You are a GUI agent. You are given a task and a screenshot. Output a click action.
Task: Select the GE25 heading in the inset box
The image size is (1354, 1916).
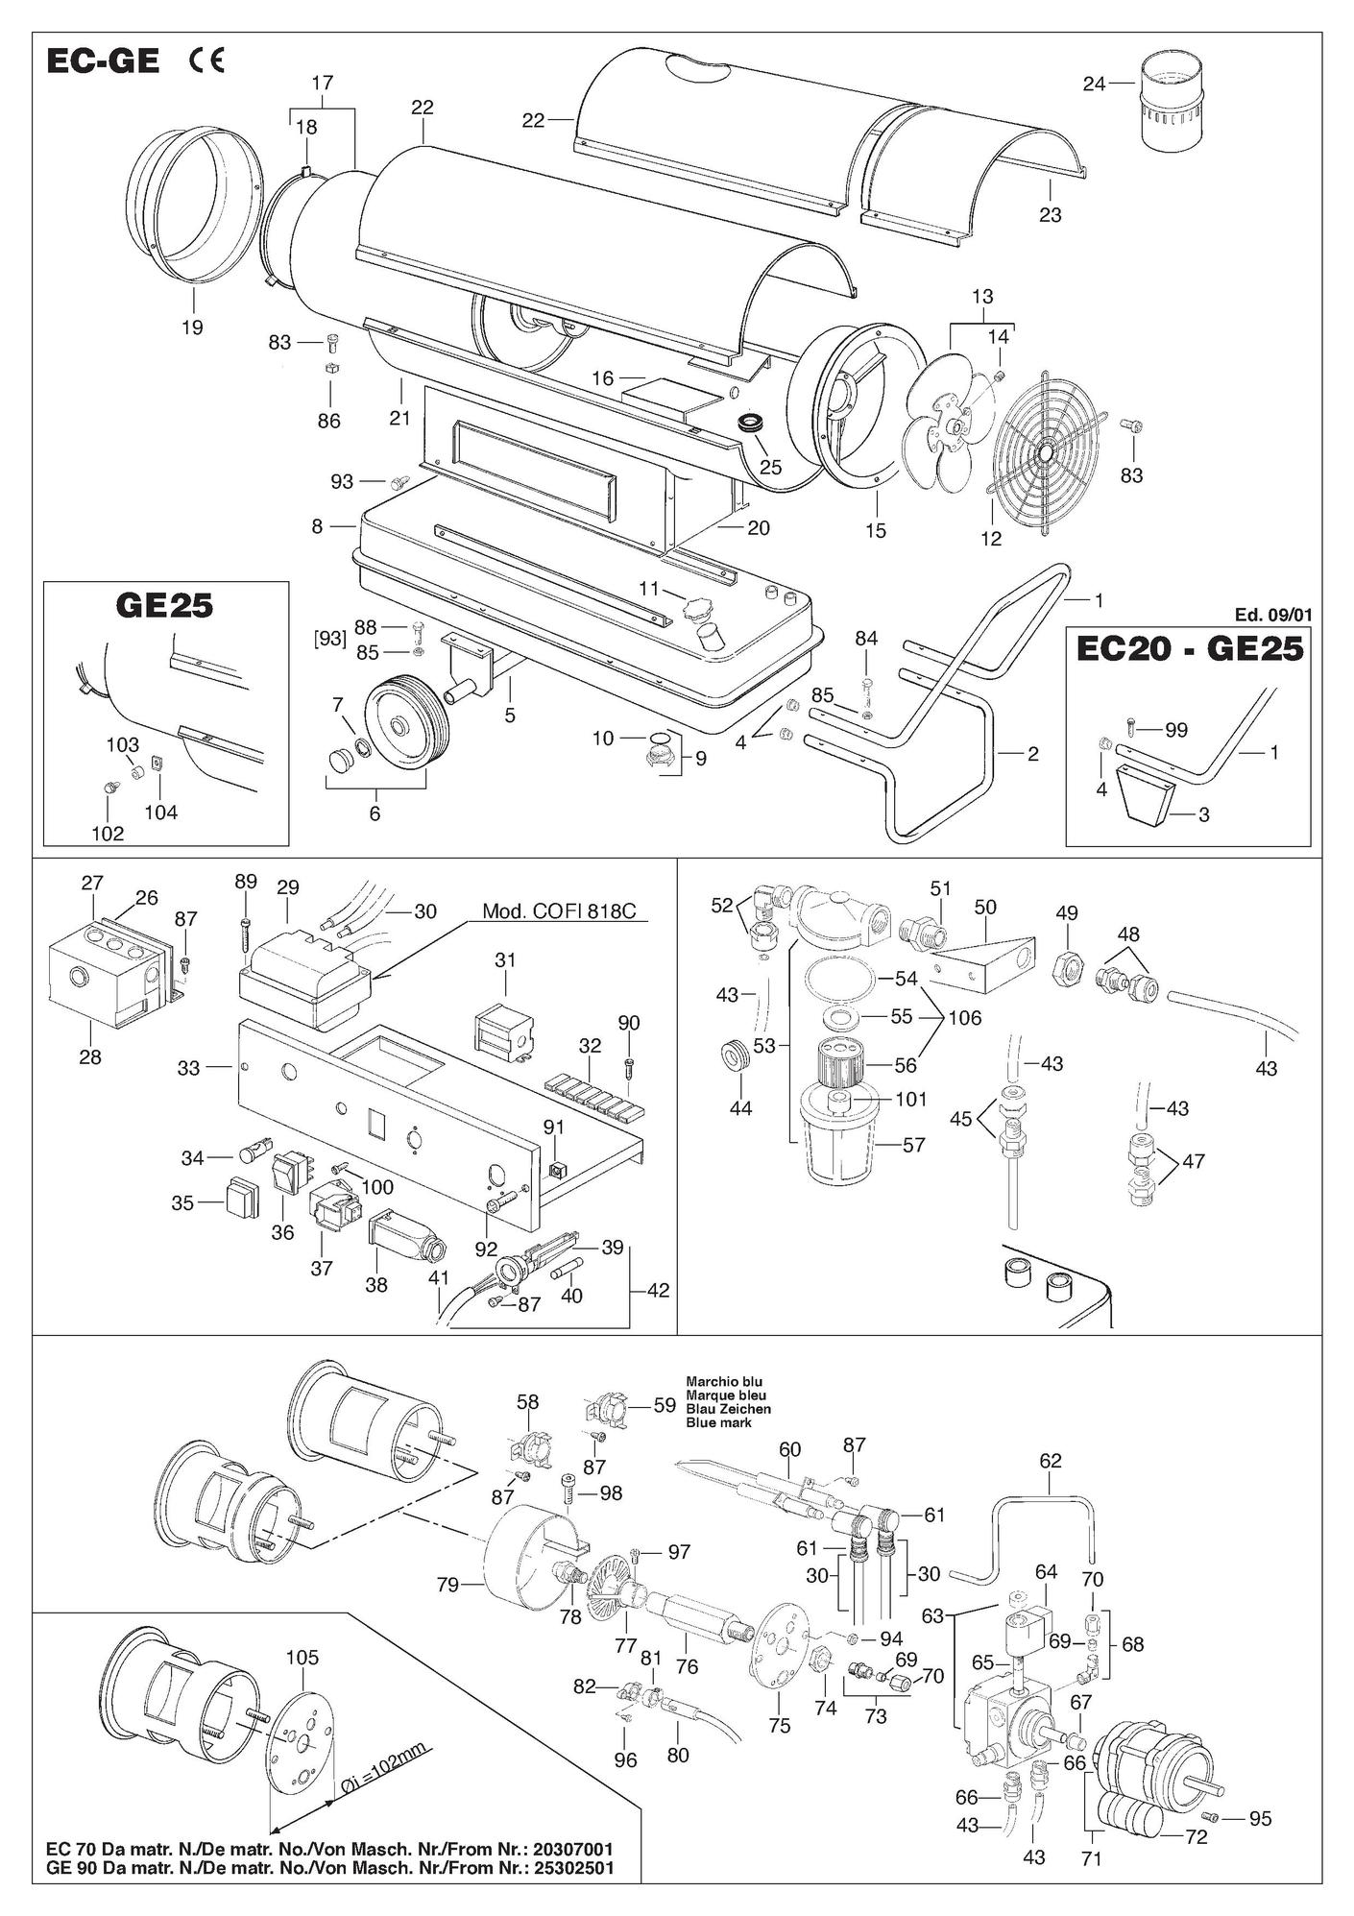point(165,608)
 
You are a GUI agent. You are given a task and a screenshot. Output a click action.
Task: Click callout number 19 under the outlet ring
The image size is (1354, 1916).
point(192,327)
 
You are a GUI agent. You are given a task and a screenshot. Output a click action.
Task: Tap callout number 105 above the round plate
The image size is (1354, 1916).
point(302,1658)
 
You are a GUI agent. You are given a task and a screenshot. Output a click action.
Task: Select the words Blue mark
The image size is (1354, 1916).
point(719,1422)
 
